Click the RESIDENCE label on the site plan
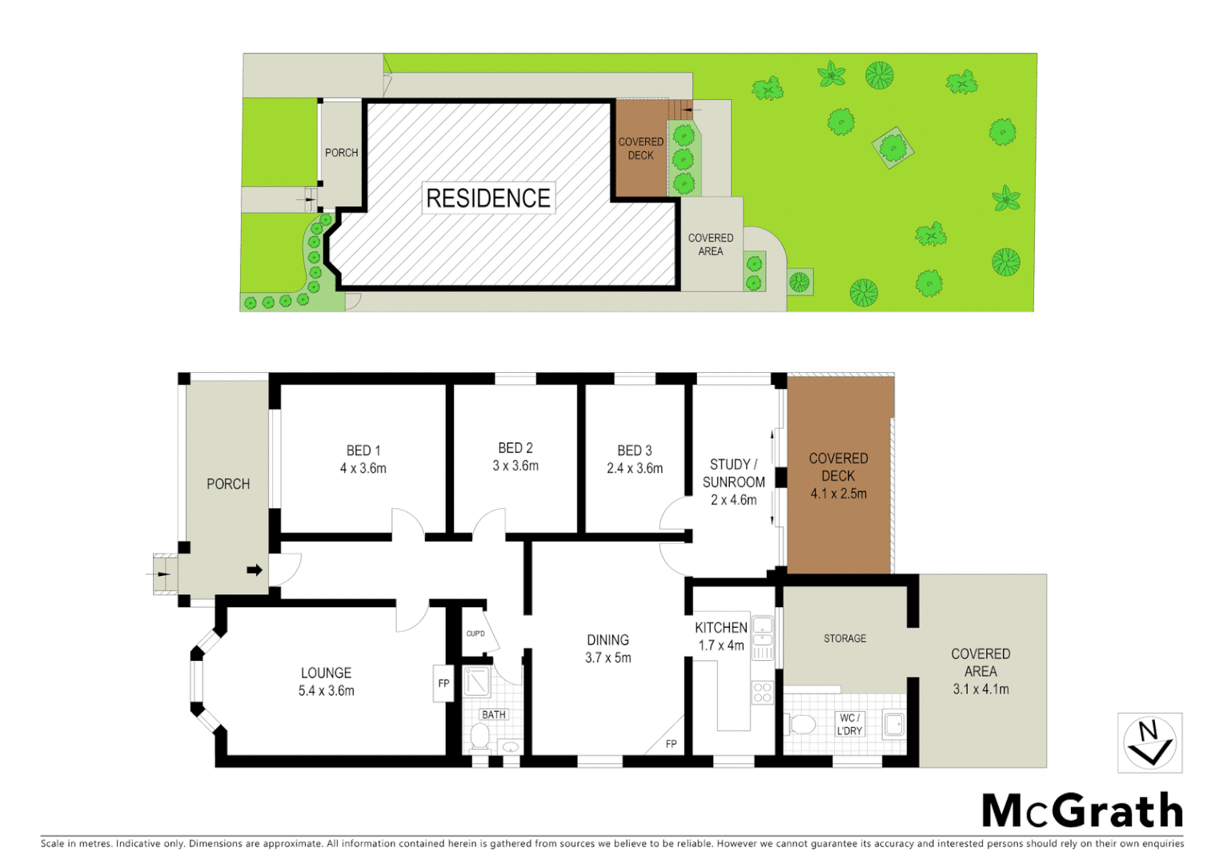pyautogui.click(x=488, y=198)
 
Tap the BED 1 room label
pyautogui.click(x=363, y=450)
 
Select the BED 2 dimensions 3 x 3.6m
pyautogui.click(x=515, y=466)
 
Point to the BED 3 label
pyautogui.click(x=635, y=450)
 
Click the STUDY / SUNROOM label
pyautogui.click(x=733, y=473)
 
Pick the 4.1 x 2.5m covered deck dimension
pyautogui.click(x=838, y=494)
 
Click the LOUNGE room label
pyautogui.click(x=326, y=673)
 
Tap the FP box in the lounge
pyautogui.click(x=443, y=683)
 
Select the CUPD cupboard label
pyautogui.click(x=475, y=634)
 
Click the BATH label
pyautogui.click(x=494, y=714)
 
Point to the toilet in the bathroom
pyautogui.click(x=480, y=736)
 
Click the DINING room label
pyautogui.click(x=607, y=640)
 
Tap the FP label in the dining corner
pyautogui.click(x=671, y=744)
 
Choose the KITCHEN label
pyautogui.click(x=720, y=628)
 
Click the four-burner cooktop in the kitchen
pyautogui.click(x=762, y=692)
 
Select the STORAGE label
pyautogui.click(x=844, y=638)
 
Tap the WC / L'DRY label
pyautogui.click(x=849, y=725)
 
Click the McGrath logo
pyautogui.click(x=1082, y=811)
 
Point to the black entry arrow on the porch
pyautogui.click(x=255, y=570)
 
